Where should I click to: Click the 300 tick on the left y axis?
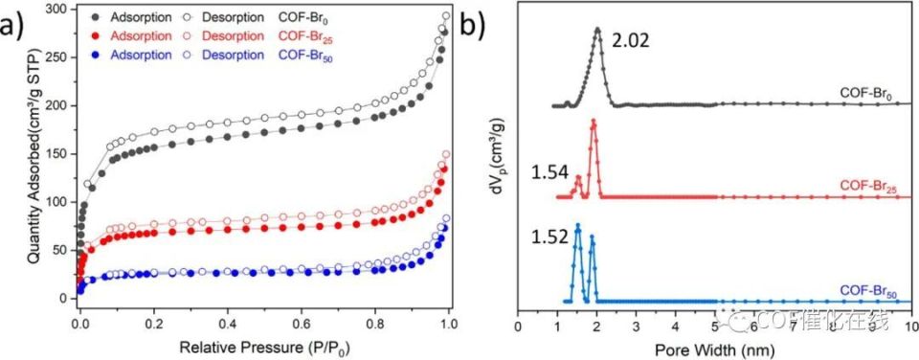(61, 9)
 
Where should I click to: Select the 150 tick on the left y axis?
(61, 153)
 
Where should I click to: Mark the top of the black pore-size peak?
(598, 30)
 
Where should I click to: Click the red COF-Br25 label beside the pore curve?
(873, 184)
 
